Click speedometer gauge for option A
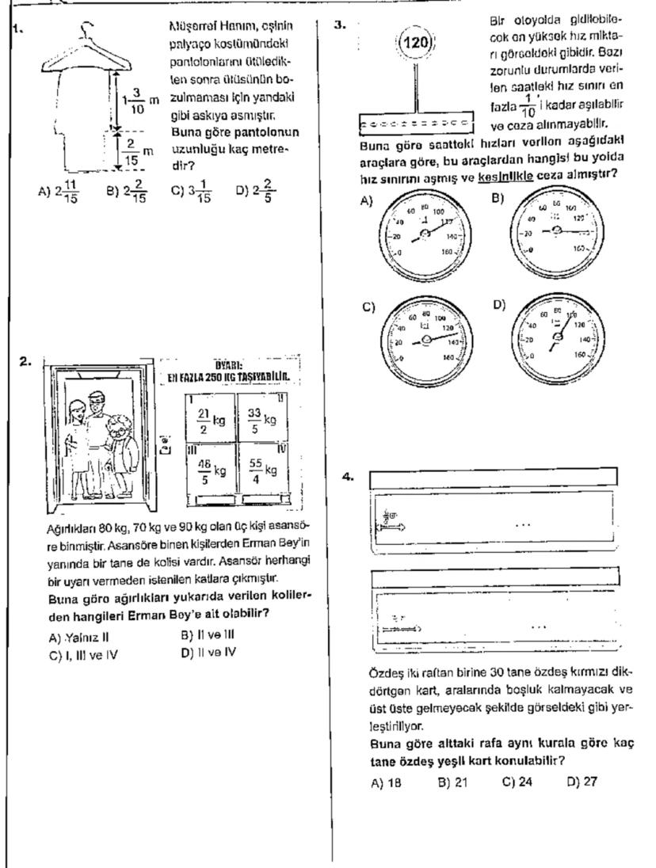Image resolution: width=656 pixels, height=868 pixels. [x=425, y=231]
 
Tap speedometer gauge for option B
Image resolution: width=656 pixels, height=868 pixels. [x=557, y=230]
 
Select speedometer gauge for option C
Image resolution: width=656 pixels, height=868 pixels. [x=427, y=339]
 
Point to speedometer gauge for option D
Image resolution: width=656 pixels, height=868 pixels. [x=558, y=338]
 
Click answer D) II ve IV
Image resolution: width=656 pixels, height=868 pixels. [x=209, y=652]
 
